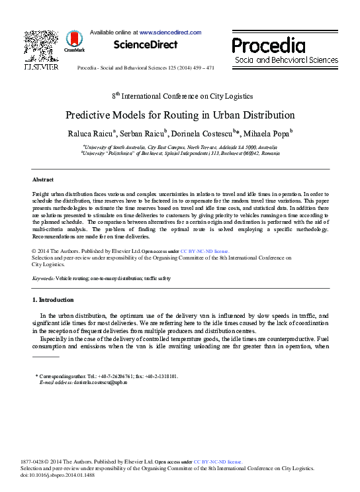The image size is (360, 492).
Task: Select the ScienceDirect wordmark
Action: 146,45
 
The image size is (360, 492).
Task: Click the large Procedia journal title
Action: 269,46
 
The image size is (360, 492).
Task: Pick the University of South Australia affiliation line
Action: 180,146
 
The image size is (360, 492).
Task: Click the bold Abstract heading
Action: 43,179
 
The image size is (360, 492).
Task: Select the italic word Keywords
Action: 42,279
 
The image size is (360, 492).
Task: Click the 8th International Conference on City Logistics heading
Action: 181,96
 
